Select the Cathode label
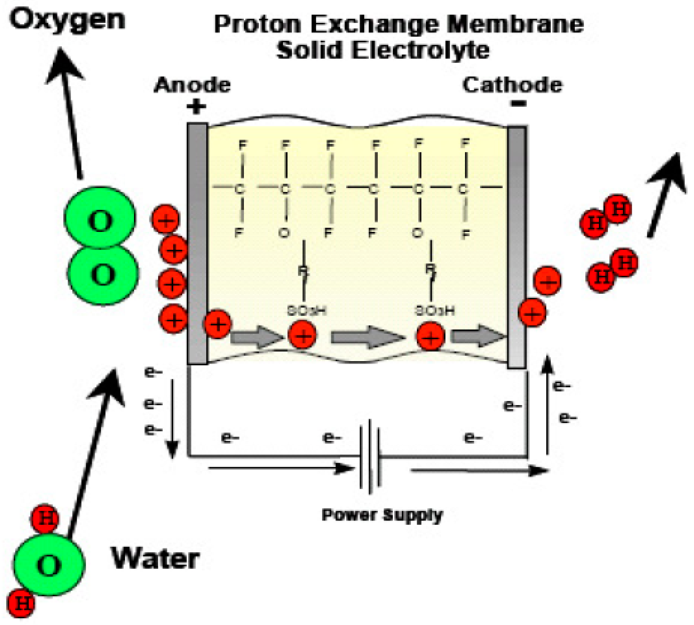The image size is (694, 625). (512, 85)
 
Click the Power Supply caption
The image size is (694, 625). (382, 515)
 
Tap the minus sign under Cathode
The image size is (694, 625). (518, 103)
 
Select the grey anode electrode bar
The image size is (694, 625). (197, 244)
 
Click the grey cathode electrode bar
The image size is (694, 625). (517, 247)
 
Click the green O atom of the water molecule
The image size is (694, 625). (49, 565)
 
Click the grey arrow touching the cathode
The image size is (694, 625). (478, 336)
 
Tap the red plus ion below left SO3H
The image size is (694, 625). (302, 335)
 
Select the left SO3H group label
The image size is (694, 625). (306, 311)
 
